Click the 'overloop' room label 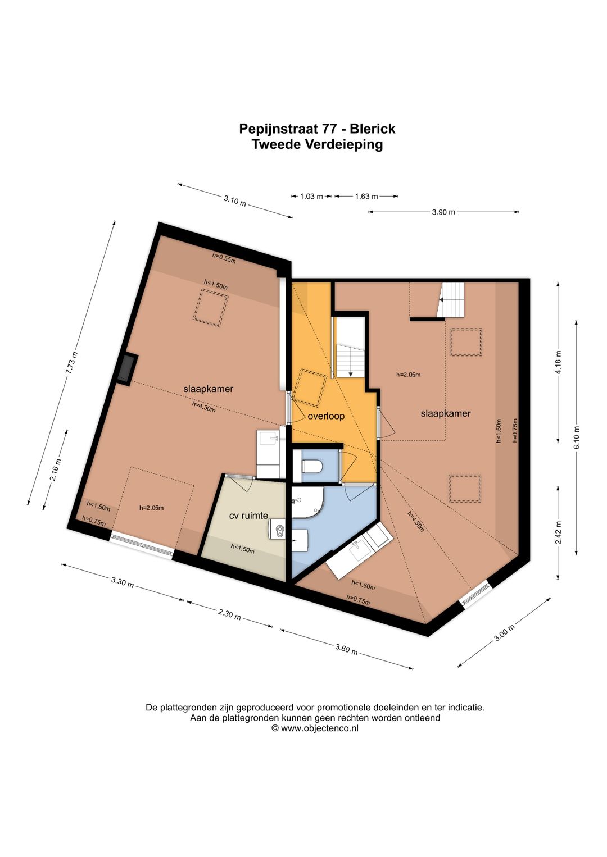click(x=326, y=416)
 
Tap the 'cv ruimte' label click(x=248, y=516)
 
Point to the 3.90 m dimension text click(x=443, y=212)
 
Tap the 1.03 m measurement click(x=311, y=197)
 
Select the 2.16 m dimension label click(x=56, y=469)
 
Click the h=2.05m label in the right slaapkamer click(x=408, y=375)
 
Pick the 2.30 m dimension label click(x=229, y=615)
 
